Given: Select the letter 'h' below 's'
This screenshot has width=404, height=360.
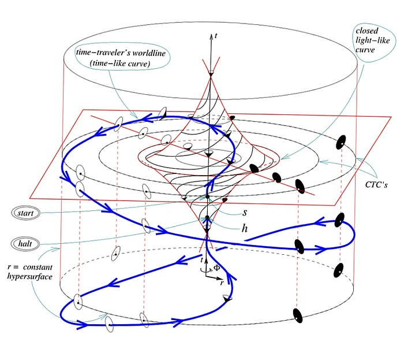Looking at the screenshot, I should pos(245,228).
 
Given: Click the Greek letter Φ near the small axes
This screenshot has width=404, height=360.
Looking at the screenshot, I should pos(216,268).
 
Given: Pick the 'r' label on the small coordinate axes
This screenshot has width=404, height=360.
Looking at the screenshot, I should pos(222,284).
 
